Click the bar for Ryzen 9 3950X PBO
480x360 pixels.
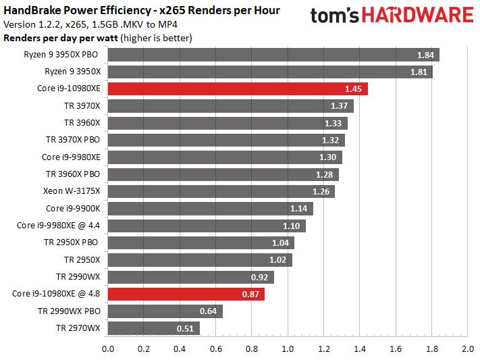click(273, 55)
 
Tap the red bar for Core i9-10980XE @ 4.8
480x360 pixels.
click(186, 294)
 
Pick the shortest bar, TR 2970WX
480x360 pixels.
click(153, 329)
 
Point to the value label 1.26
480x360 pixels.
click(321, 192)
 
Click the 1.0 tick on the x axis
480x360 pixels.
click(288, 349)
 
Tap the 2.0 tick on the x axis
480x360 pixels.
click(467, 349)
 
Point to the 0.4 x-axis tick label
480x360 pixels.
click(180, 349)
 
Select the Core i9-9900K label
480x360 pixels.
click(73, 209)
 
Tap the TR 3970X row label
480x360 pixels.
click(82, 105)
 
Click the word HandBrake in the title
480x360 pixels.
click(29, 11)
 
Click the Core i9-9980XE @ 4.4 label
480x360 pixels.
click(58, 226)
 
